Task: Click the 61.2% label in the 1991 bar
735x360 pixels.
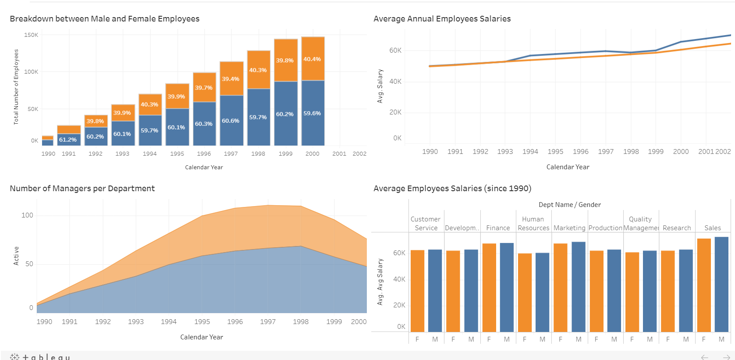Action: [x=68, y=140]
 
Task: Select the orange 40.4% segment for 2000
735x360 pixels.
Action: [x=312, y=59]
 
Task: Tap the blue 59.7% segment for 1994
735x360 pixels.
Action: [x=150, y=130]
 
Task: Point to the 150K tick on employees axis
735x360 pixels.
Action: [x=31, y=35]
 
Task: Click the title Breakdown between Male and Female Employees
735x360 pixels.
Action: [x=104, y=19]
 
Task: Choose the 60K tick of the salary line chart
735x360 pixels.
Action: [x=395, y=50]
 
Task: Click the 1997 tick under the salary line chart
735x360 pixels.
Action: [x=606, y=152]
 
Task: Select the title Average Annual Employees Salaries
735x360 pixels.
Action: [x=442, y=19]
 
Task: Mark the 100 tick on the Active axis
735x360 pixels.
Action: [x=27, y=215]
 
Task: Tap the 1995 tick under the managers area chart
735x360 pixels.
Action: [x=202, y=322]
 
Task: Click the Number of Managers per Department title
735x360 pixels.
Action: [x=82, y=189]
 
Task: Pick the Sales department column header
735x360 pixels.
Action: [x=713, y=228]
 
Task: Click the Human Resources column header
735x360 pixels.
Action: [x=533, y=224]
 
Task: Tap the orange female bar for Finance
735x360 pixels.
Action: [x=489, y=288]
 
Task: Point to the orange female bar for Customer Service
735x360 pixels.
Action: [x=417, y=291]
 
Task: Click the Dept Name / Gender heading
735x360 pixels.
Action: [x=569, y=205]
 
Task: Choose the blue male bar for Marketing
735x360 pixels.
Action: [x=579, y=287]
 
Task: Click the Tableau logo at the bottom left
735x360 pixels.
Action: [x=40, y=357]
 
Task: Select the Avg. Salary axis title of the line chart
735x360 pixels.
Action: [x=380, y=86]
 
